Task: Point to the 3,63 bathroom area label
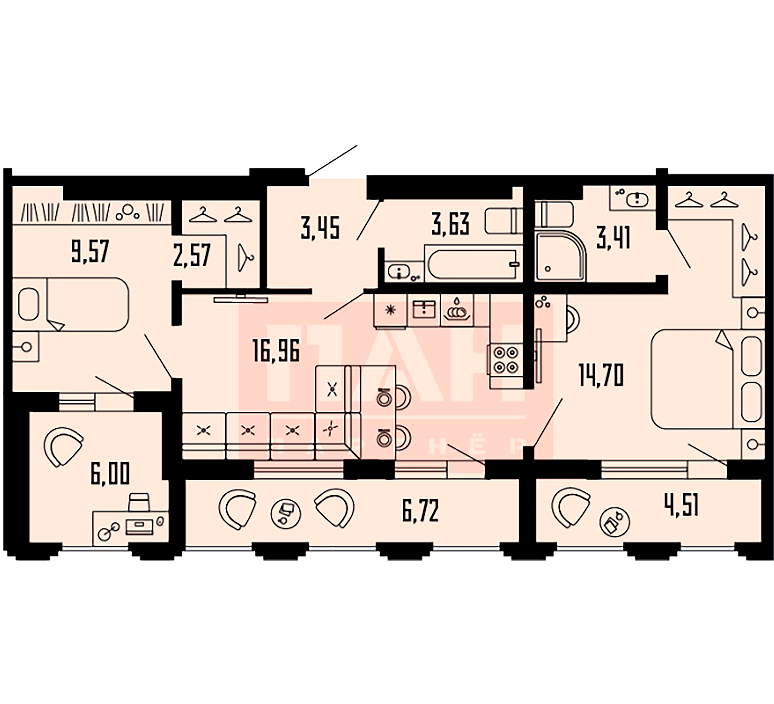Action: [450, 225]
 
